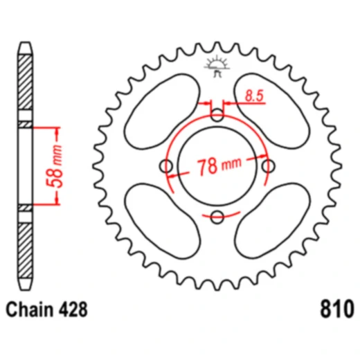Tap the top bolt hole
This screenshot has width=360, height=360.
tap(217, 115)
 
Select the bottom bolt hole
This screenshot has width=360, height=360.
tap(217, 217)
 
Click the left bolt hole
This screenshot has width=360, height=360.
tap(166, 166)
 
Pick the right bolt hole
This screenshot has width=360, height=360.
tap(268, 166)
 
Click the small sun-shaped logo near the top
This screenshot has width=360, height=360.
tap(216, 66)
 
